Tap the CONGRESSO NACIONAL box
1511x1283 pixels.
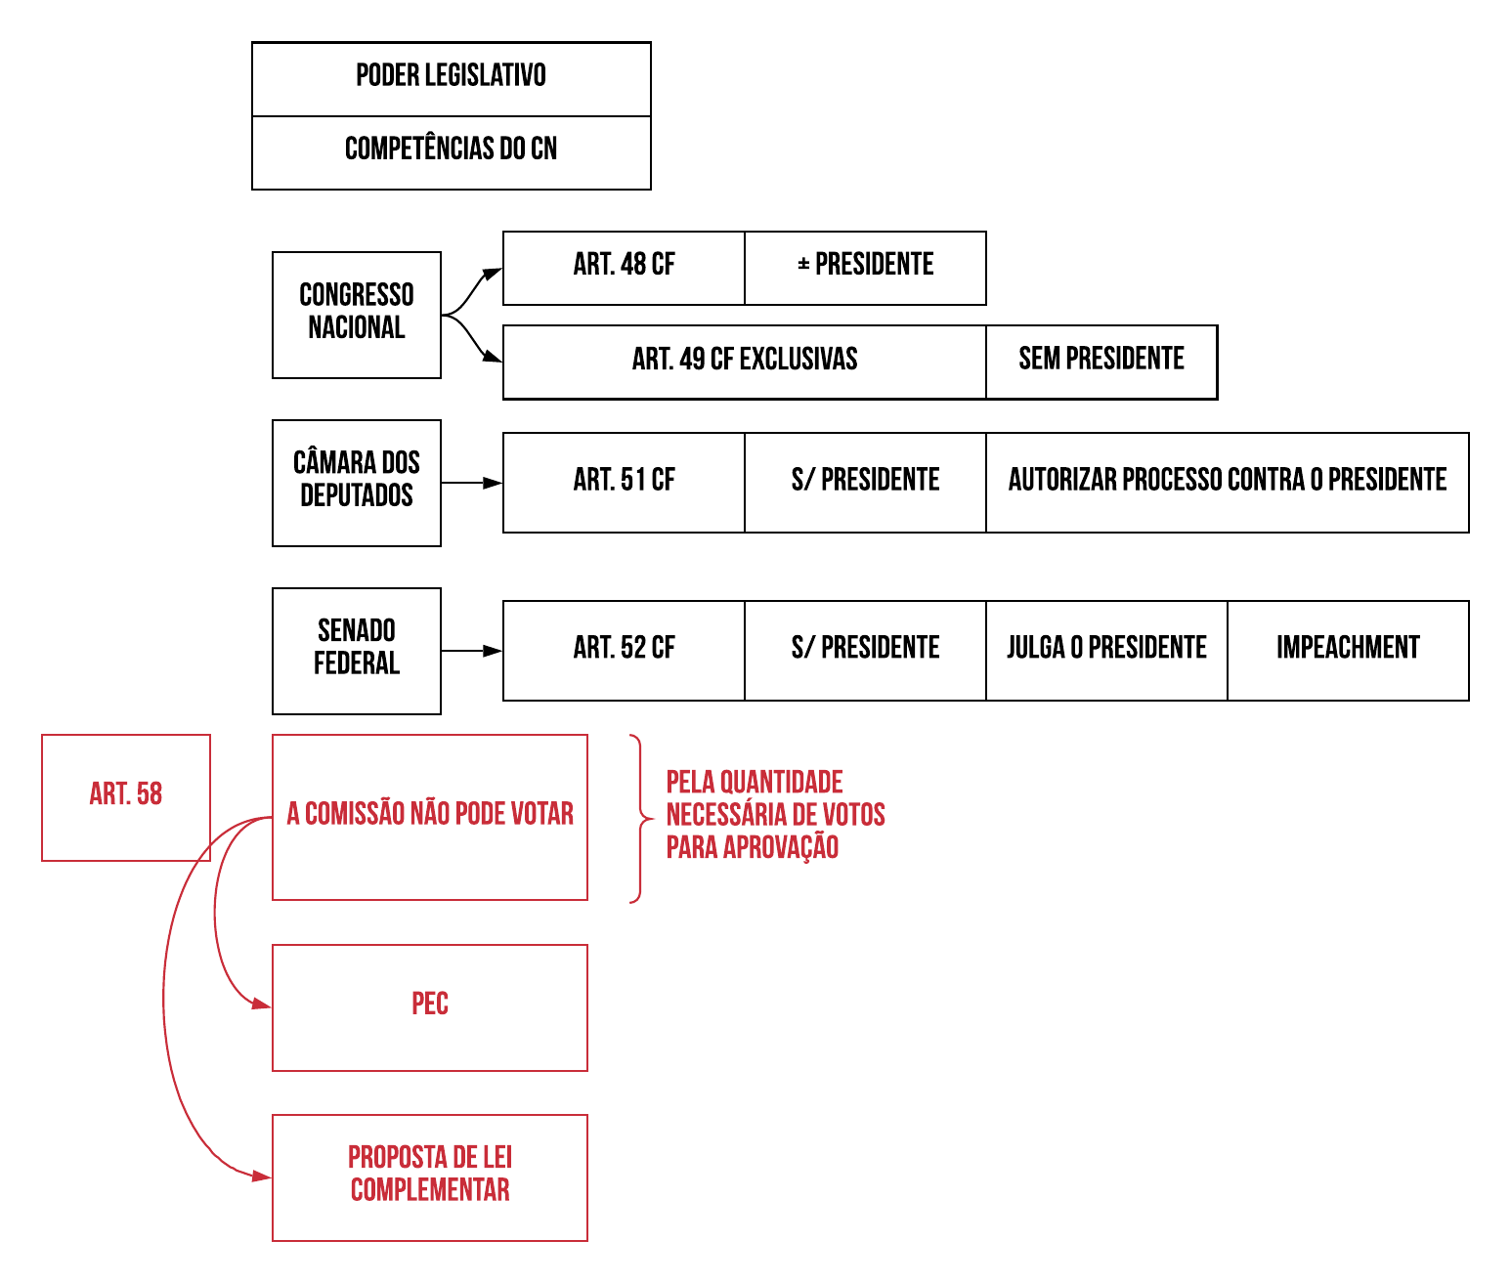point(356,314)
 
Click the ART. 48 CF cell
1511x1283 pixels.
point(624,267)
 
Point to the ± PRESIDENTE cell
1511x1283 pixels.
point(865,267)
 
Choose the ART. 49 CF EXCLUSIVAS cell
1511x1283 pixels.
point(744,362)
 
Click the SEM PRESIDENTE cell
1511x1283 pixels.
point(1101,362)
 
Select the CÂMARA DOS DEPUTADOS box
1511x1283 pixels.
point(356,482)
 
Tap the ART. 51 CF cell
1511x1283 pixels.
point(624,482)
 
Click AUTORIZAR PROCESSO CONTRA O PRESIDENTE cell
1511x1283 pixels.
point(1227,482)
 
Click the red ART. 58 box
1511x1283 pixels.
point(125,796)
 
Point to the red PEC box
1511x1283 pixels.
point(429,1006)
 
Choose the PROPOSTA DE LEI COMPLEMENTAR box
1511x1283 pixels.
point(429,1176)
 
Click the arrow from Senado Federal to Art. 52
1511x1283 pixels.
point(471,651)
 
